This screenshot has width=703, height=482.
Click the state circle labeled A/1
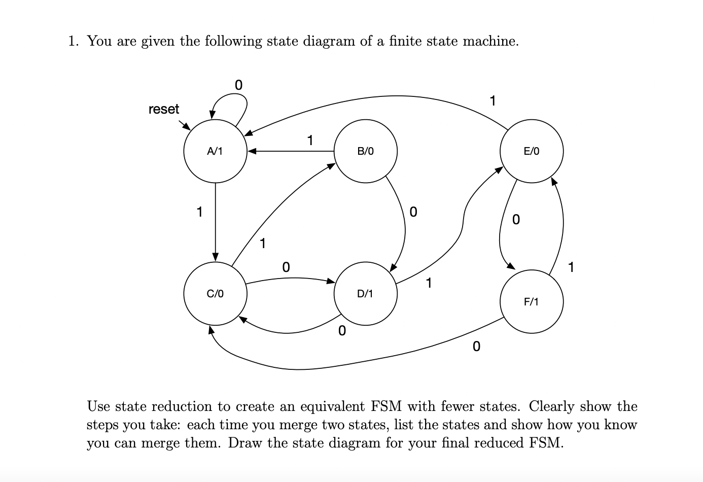[215, 151]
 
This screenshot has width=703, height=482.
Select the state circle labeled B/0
[365, 151]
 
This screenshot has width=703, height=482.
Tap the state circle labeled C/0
[215, 293]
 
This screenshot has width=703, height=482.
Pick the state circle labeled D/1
[365, 293]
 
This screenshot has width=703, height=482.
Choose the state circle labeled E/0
[532, 151]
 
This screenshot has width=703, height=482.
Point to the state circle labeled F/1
[532, 302]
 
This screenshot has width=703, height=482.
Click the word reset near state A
[164, 109]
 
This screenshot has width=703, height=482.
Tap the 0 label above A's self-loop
[238, 85]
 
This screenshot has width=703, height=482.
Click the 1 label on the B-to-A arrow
[310, 140]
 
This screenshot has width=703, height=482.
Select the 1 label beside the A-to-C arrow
[200, 212]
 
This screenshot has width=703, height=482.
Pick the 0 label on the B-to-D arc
[413, 212]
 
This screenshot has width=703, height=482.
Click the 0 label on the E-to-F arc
[516, 220]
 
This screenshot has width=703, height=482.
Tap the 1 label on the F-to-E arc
[572, 267]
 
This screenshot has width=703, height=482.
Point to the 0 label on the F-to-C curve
[475, 347]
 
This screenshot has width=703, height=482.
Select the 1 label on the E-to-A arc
[492, 101]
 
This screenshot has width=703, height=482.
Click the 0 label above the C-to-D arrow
[286, 267]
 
